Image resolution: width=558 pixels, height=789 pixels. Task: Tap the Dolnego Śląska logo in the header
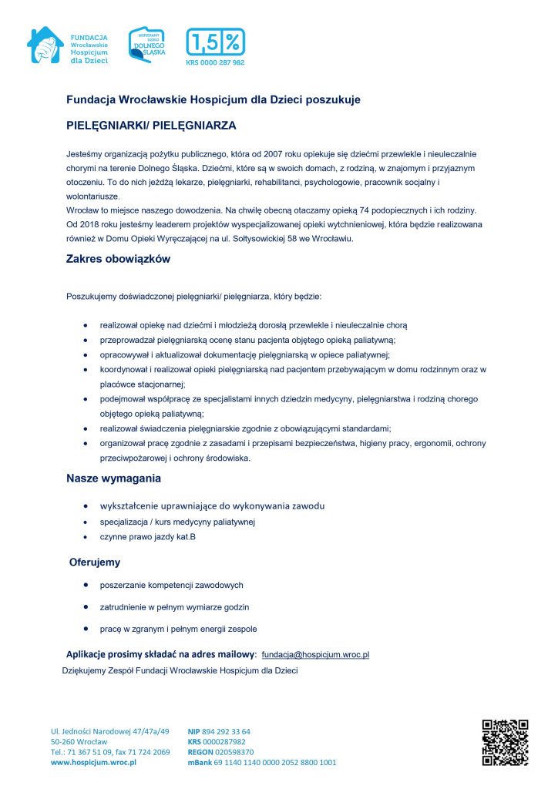146,44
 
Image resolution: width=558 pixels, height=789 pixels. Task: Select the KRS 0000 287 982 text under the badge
215,63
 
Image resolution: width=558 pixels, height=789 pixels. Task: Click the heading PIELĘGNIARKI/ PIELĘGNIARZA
151,124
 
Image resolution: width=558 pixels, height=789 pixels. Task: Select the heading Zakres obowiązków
118,260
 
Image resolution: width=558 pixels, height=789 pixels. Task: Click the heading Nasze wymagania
113,478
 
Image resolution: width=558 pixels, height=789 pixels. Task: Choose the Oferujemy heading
95,562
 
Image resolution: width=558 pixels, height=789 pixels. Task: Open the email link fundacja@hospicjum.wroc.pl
316,654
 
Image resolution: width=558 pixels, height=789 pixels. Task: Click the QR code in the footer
505,742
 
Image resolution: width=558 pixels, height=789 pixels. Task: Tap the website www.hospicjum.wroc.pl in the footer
93,762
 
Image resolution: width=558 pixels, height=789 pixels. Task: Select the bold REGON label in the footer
200,752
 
